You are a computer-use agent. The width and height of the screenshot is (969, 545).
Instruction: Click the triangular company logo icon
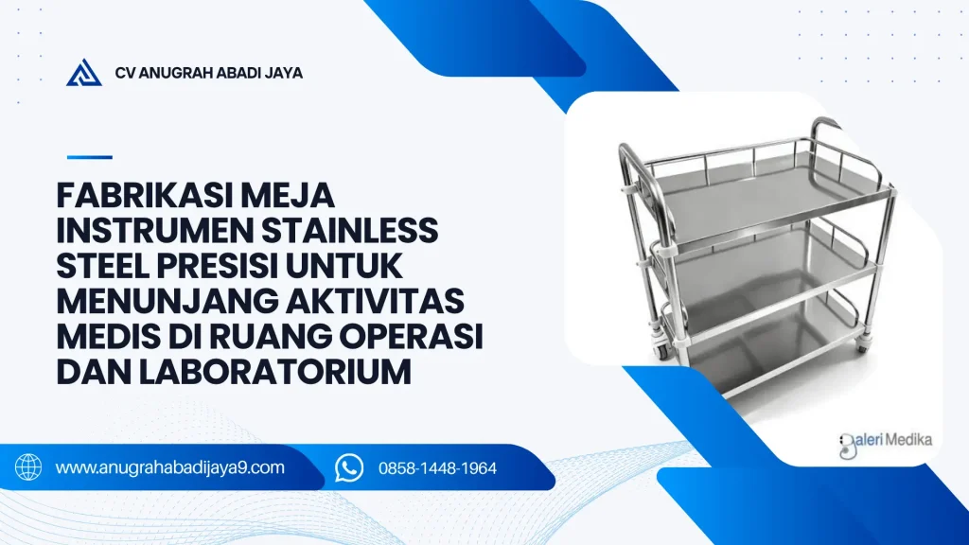coord(84,72)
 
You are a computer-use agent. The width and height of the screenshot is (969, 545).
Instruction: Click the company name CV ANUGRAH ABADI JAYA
coord(209,73)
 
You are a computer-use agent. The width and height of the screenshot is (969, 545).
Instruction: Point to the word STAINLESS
coord(350,231)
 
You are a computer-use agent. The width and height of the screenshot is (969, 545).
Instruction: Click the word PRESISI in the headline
coord(216,266)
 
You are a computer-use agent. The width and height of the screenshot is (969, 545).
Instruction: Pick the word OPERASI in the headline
coord(410,336)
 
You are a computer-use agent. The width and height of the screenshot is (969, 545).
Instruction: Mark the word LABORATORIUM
coord(275,371)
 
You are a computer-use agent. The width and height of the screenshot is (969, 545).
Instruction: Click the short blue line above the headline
coord(90,157)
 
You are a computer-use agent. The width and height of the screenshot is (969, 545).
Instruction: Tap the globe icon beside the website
coord(28,467)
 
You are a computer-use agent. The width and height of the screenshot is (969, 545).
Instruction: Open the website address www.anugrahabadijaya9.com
coord(170,467)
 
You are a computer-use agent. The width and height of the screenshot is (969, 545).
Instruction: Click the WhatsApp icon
coord(349,467)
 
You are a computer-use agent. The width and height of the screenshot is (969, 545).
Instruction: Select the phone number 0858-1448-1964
coord(437,468)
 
